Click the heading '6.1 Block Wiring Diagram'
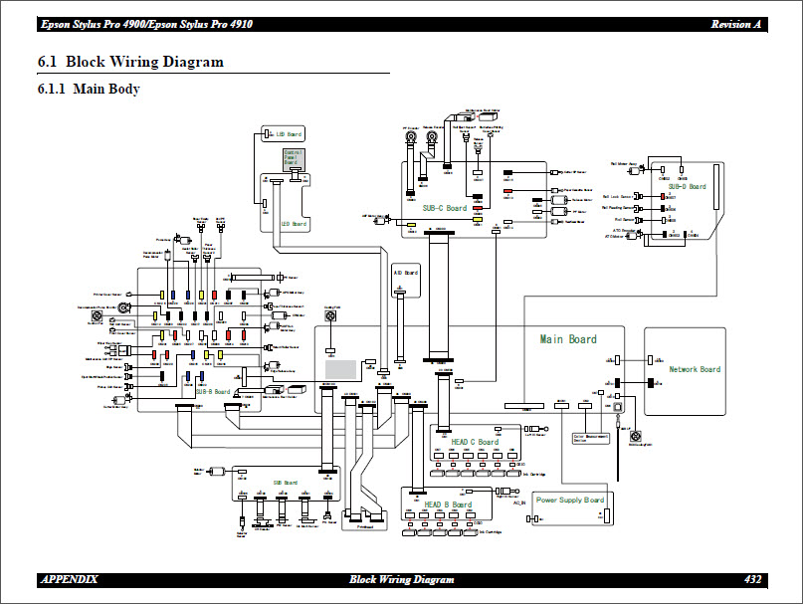coord(130,62)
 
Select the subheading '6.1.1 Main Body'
coord(89,90)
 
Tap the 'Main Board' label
coord(568,339)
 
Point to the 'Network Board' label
coord(695,369)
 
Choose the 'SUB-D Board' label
coord(687,186)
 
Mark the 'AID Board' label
coord(406,272)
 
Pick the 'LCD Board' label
coord(293,225)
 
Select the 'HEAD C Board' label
coord(475,442)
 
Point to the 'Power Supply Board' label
coord(570,500)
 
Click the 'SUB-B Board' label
coord(214,392)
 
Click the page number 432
coord(753,579)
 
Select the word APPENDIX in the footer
coord(69,579)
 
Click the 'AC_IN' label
coord(518,503)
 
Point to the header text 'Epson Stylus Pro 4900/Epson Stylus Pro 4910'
coord(145,24)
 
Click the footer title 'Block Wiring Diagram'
coord(402,579)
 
